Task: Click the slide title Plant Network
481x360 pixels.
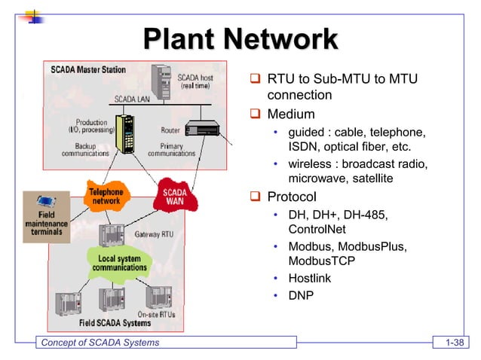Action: [x=240, y=39]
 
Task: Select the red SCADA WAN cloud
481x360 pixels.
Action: [x=174, y=197]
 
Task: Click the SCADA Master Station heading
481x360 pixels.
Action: [x=88, y=69]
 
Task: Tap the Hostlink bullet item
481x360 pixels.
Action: [x=310, y=279]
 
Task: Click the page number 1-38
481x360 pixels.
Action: [x=455, y=344]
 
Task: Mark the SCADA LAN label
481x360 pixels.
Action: [x=133, y=98]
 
